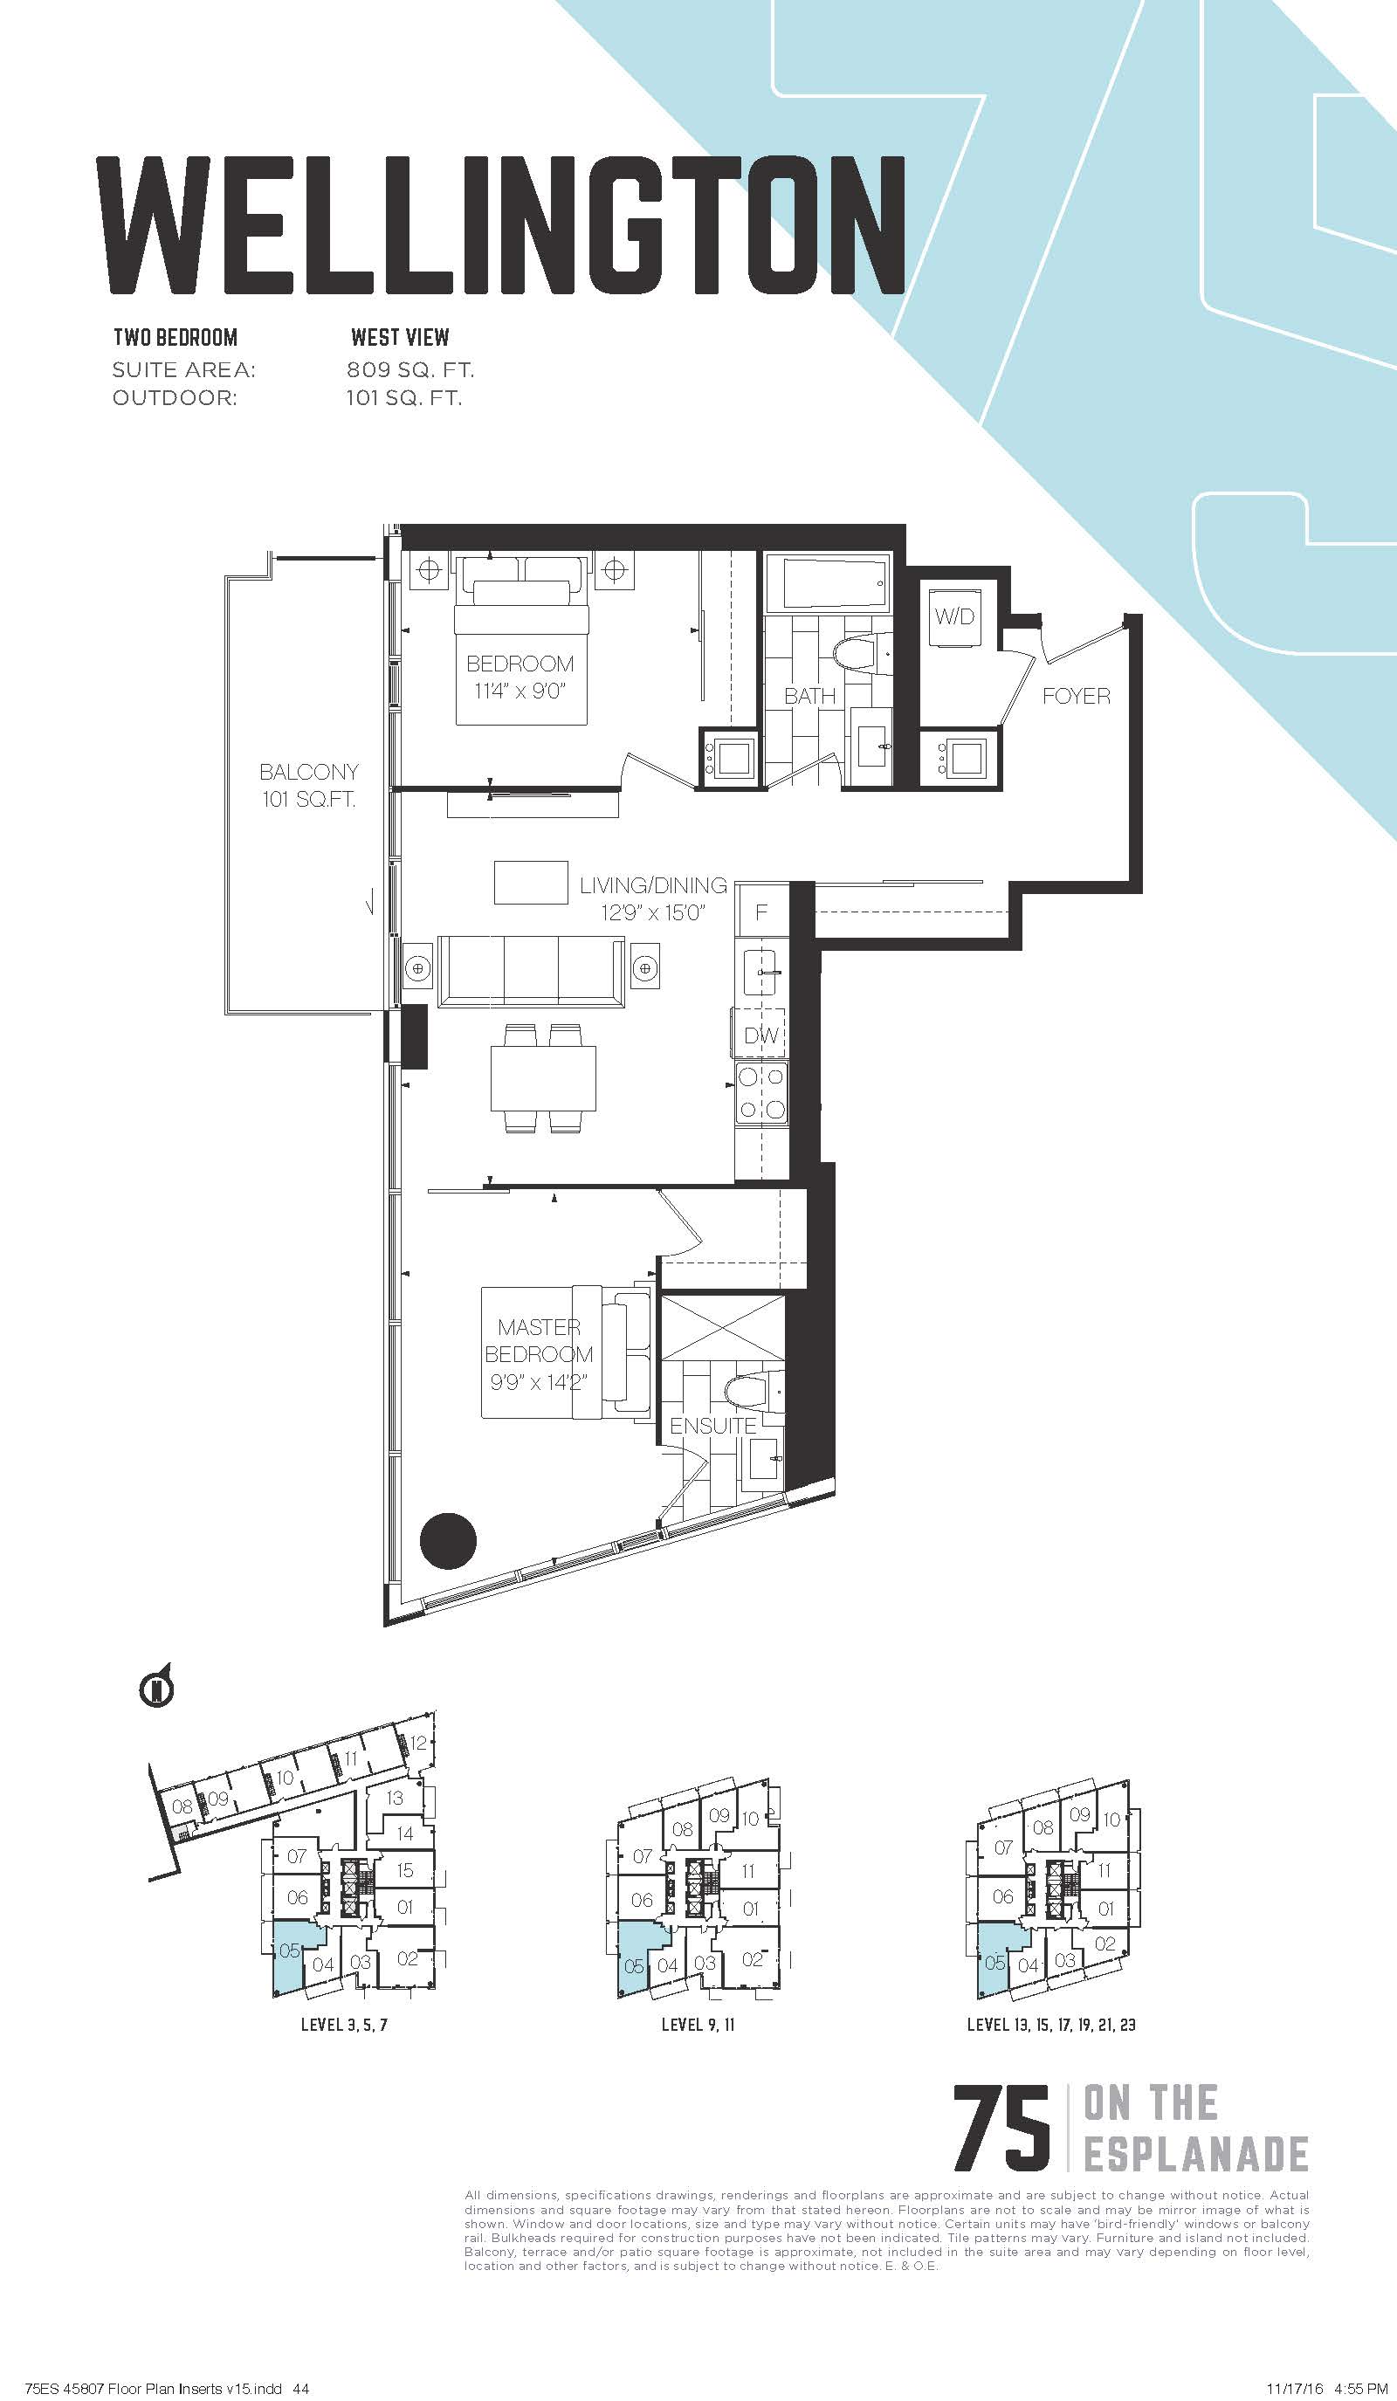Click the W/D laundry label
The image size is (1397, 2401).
click(953, 616)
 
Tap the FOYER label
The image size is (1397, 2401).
click(1076, 696)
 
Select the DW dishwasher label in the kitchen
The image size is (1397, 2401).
click(761, 1035)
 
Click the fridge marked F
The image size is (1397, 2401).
click(762, 911)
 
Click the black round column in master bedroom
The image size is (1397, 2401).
click(448, 1541)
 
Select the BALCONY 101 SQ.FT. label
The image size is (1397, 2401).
click(309, 785)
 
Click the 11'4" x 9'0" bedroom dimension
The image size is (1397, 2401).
click(520, 691)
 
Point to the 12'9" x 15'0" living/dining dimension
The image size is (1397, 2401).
click(653, 912)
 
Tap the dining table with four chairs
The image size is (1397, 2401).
click(543, 1078)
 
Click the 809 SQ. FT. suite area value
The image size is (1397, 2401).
click(410, 369)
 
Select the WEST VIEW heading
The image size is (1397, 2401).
click(400, 337)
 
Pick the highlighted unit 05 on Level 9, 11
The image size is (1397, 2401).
click(633, 1964)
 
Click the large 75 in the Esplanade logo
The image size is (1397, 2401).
click(1001, 2129)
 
